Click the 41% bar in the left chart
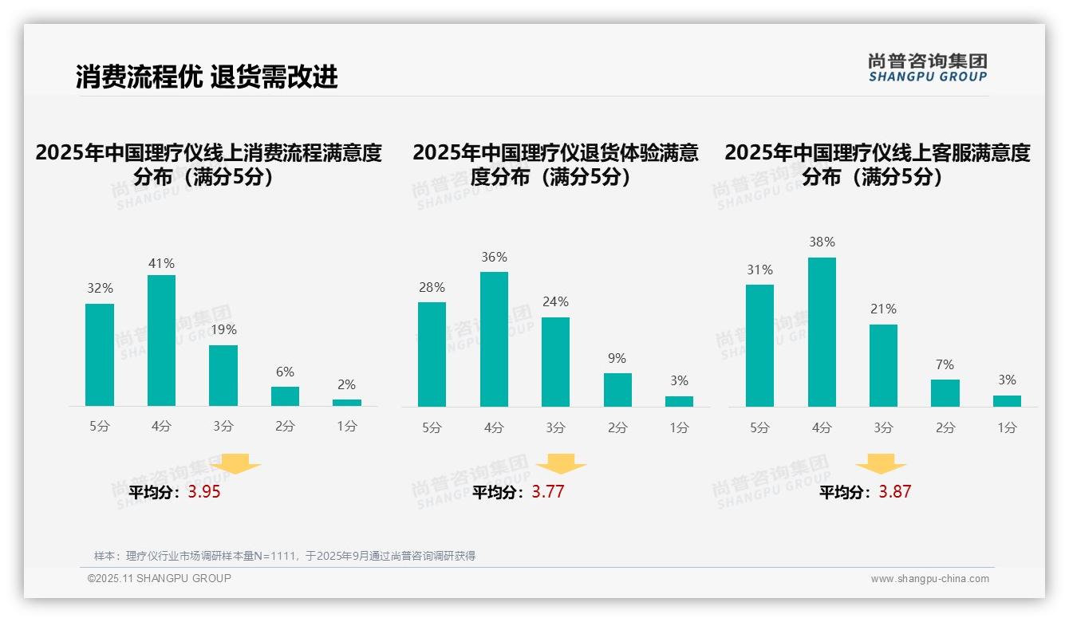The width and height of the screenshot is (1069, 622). (161, 341)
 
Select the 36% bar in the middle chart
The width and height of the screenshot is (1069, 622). (494, 339)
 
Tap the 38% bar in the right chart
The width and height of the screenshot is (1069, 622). (822, 332)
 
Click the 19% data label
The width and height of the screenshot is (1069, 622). (223, 329)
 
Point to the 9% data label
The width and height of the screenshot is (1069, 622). (617, 359)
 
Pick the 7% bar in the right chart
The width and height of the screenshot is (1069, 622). (945, 393)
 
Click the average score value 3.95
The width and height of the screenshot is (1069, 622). (204, 492)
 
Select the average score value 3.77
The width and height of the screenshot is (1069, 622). (548, 492)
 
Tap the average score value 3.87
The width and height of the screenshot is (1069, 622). (895, 492)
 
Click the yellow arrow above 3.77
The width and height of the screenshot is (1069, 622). (561, 464)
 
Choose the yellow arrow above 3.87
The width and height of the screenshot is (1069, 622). (881, 464)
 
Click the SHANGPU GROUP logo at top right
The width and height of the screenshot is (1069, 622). (928, 68)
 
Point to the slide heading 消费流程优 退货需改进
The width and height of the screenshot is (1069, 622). (207, 77)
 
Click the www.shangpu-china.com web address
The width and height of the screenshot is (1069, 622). (929, 579)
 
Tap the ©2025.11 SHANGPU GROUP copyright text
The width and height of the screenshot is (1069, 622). (160, 578)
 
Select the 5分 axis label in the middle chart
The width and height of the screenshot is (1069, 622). (432, 427)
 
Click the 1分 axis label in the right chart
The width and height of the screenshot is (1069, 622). (1007, 427)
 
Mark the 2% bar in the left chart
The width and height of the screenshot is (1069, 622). (347, 403)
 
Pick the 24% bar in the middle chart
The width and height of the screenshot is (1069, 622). (555, 362)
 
